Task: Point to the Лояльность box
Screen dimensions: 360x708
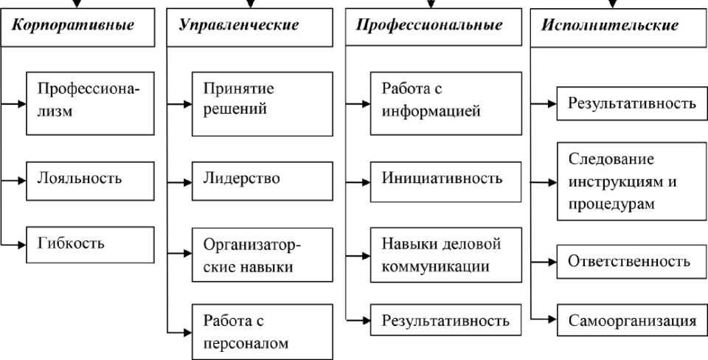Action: pos(89,179)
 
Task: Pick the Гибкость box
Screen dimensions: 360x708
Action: pos(89,242)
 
